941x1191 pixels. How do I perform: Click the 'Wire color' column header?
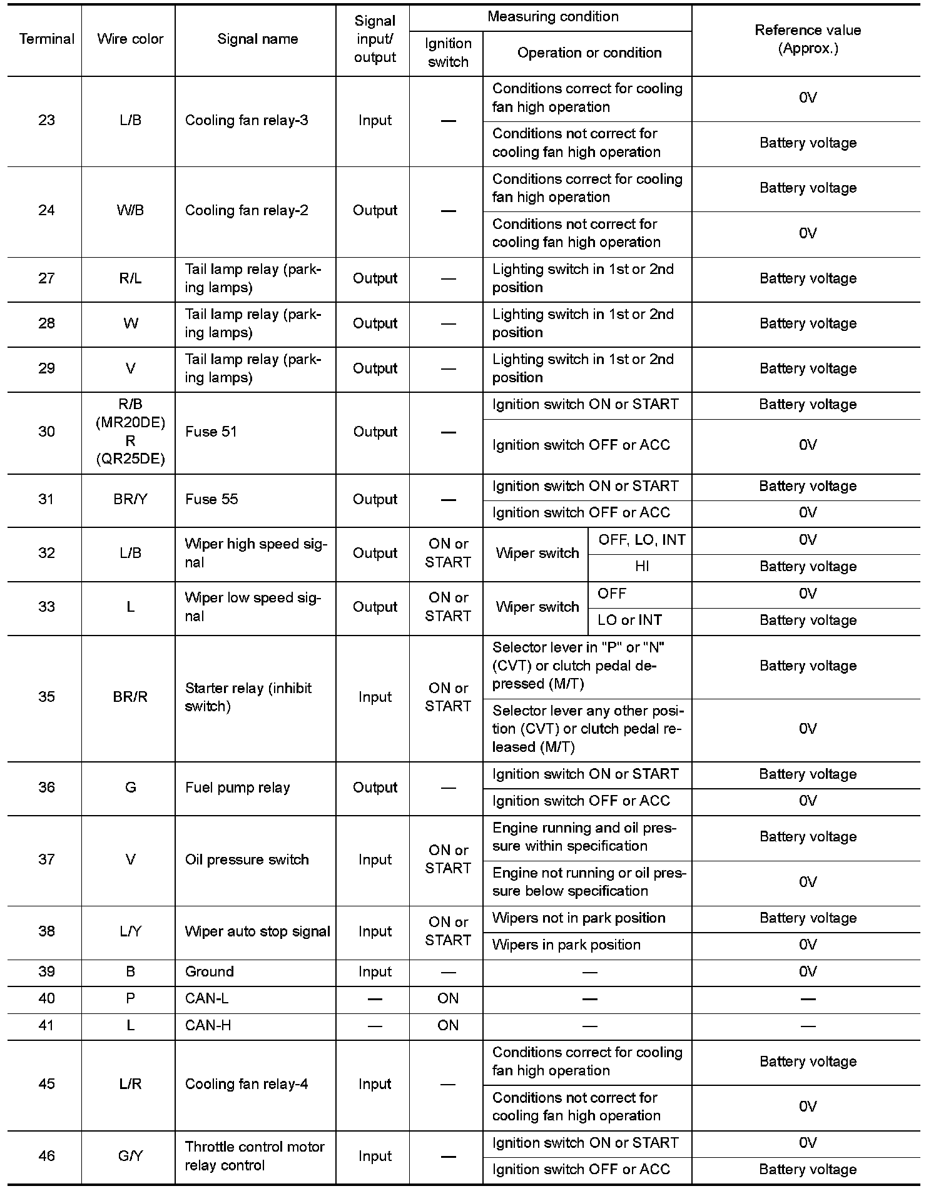[x=130, y=39]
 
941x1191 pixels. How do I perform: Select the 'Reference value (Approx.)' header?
[x=807, y=39]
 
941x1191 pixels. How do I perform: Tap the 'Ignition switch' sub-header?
[x=447, y=53]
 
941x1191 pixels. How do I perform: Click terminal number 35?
[x=46, y=697]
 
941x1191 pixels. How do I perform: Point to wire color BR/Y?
[x=130, y=499]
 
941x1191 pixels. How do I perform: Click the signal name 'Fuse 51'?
[x=211, y=432]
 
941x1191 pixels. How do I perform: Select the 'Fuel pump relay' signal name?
[x=237, y=788]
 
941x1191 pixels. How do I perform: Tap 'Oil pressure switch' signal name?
[x=247, y=859]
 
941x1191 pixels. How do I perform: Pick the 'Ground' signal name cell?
[x=209, y=971]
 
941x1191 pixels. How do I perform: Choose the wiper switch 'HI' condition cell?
[x=641, y=567]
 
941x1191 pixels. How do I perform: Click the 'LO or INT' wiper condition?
[x=629, y=621]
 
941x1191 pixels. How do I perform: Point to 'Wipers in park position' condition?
[x=566, y=945]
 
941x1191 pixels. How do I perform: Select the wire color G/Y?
[x=130, y=1156]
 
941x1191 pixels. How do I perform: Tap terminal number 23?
[x=46, y=120]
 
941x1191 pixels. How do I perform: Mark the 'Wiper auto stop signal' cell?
[x=257, y=931]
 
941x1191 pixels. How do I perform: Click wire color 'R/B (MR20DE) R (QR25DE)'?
[x=130, y=432]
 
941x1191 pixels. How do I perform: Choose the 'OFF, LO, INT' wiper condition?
[x=641, y=540]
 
